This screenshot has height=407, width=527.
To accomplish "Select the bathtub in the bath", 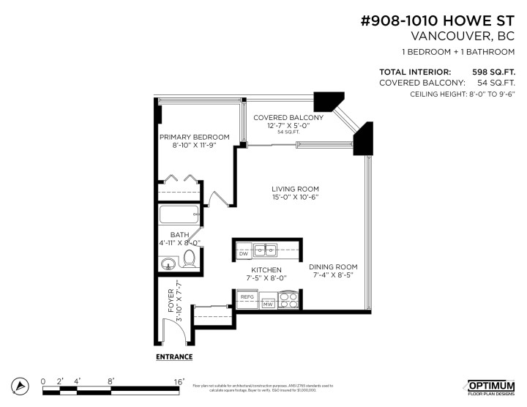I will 179,216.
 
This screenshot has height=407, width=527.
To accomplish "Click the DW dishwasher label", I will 244,253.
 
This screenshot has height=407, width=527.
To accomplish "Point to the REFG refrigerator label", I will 247,297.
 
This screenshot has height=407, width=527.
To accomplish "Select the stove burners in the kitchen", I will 288,302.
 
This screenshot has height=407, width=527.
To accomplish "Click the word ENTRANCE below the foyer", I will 173,357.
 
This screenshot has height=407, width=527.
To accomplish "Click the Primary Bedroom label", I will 195,137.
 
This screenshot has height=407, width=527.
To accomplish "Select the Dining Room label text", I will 333,266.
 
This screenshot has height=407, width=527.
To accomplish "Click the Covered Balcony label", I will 288,118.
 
